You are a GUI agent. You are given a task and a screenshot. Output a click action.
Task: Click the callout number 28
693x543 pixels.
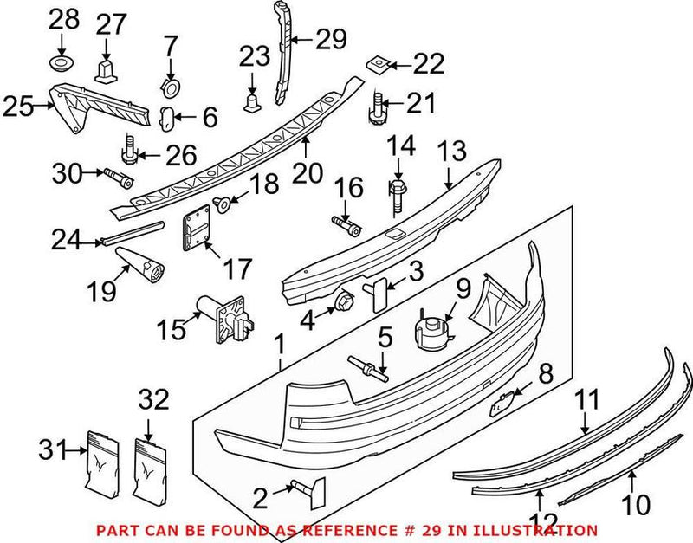62,17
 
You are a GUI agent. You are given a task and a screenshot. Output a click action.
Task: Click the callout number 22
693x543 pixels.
428,63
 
